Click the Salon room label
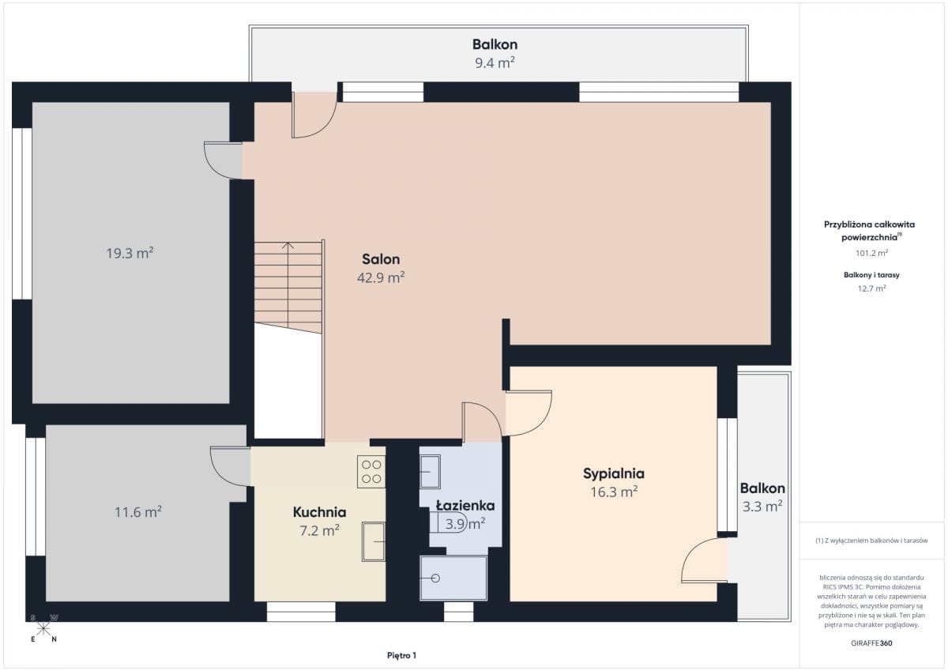click(x=381, y=259)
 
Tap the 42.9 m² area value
click(x=381, y=277)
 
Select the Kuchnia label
click(x=319, y=512)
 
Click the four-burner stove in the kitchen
click(x=371, y=472)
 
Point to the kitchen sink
click(x=373, y=542)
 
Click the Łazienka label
click(x=465, y=506)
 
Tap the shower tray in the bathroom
click(x=453, y=579)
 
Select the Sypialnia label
click(x=614, y=473)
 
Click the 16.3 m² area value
click(x=614, y=492)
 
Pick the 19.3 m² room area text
click(x=130, y=253)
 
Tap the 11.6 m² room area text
click(x=138, y=512)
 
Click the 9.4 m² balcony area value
click(x=495, y=63)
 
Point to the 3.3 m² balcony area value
click(x=762, y=507)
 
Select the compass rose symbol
click(x=43, y=629)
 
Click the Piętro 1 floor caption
click(x=401, y=655)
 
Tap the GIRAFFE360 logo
click(x=871, y=643)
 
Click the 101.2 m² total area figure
click(x=872, y=253)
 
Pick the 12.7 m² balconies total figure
click(x=872, y=288)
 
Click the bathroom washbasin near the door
click(x=430, y=472)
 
